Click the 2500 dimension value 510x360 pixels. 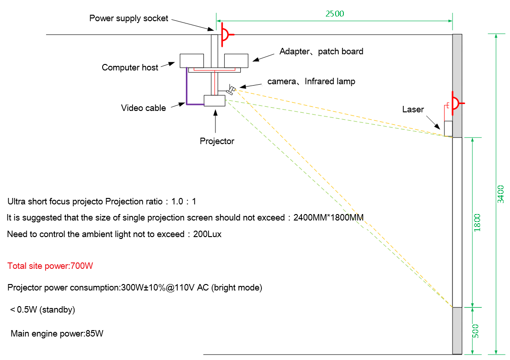(x=335, y=14)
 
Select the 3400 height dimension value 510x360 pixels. (x=501, y=194)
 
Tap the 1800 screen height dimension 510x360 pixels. (x=477, y=223)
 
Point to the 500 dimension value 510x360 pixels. (x=475, y=331)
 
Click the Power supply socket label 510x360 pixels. (x=128, y=18)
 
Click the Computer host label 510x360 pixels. (x=130, y=67)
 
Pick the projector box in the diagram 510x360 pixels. (x=214, y=100)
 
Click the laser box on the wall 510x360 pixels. (x=448, y=128)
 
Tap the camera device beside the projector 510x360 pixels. (x=231, y=90)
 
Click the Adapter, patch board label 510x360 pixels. (x=321, y=52)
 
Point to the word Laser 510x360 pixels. (x=413, y=109)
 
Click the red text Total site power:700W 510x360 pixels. (x=50, y=266)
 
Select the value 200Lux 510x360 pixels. (x=207, y=234)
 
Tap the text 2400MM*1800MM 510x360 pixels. (x=329, y=217)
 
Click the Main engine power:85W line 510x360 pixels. (x=57, y=333)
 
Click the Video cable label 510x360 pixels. (x=144, y=108)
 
